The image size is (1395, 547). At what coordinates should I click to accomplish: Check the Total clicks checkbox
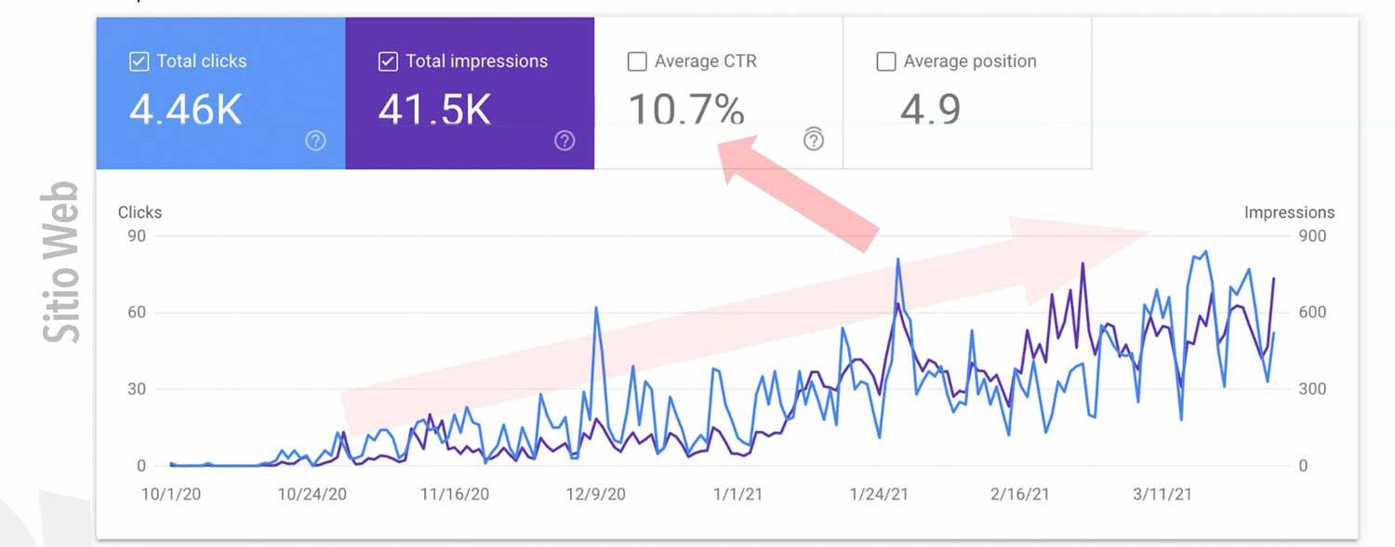tap(139, 62)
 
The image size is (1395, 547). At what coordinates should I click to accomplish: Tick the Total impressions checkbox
tap(388, 62)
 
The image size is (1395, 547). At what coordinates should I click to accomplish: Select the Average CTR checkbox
tap(637, 62)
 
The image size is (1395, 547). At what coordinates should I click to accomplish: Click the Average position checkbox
tap(886, 62)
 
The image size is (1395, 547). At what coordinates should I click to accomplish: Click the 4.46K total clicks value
tap(185, 109)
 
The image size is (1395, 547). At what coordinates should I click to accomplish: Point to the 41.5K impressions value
tap(434, 109)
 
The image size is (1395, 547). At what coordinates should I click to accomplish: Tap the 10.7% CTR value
tap(686, 109)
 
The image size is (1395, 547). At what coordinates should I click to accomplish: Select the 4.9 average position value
tap(930, 109)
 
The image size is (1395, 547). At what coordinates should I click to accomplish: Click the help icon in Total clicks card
tap(316, 141)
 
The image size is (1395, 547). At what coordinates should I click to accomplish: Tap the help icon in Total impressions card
tap(565, 141)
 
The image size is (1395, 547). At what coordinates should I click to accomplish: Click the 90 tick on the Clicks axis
tap(137, 236)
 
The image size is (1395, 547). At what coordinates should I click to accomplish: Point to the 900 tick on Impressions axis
tap(1312, 236)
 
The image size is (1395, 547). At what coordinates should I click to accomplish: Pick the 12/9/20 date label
tap(596, 494)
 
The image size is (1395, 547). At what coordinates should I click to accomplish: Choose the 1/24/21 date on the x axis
tap(880, 494)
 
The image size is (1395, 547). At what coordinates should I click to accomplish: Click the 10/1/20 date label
tap(171, 494)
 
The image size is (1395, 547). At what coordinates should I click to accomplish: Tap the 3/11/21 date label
tap(1162, 494)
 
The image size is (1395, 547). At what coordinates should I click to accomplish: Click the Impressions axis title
tap(1289, 213)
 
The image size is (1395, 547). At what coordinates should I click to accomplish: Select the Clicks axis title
tap(139, 213)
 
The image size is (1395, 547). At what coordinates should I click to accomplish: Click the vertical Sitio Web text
tap(63, 262)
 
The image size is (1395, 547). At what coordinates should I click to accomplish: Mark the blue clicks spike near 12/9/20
tap(595, 308)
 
